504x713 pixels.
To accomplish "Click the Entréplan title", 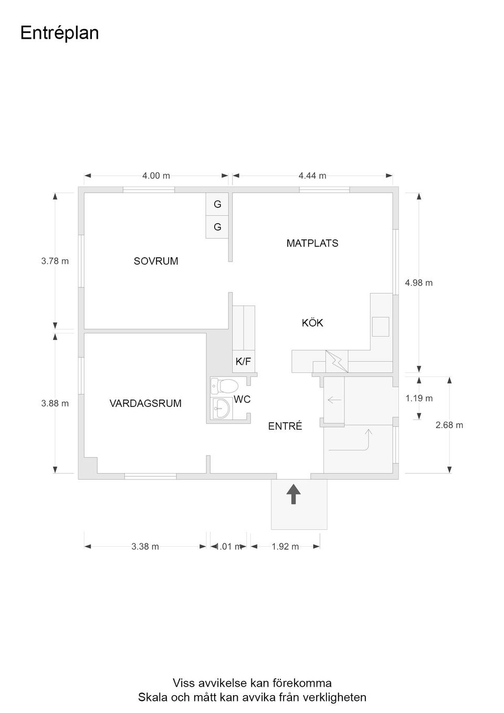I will click(x=59, y=33).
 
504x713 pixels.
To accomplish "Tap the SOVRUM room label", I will click(x=156, y=261).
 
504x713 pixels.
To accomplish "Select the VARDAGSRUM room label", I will click(x=145, y=403).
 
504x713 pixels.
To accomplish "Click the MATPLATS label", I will click(x=312, y=243).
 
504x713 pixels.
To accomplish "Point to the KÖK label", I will click(x=312, y=323).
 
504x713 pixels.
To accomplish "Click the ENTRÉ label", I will click(x=285, y=426).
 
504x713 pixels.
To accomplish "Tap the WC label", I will click(x=242, y=400).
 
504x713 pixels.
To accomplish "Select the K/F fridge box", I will click(x=243, y=361).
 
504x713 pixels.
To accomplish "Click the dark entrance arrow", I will click(x=293, y=494).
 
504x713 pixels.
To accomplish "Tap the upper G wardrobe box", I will click(x=217, y=204).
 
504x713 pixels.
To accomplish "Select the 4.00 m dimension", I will click(x=156, y=176).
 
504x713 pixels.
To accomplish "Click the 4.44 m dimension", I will click(x=312, y=176).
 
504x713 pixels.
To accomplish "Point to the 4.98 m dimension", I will click(x=419, y=283).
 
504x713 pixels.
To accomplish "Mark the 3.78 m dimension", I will click(x=55, y=261).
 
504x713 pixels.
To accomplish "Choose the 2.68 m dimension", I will click(x=449, y=425).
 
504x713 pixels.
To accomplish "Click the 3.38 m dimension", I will click(x=145, y=547).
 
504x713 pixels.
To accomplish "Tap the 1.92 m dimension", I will click(x=285, y=547).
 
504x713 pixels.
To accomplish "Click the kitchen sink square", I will click(x=381, y=327).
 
